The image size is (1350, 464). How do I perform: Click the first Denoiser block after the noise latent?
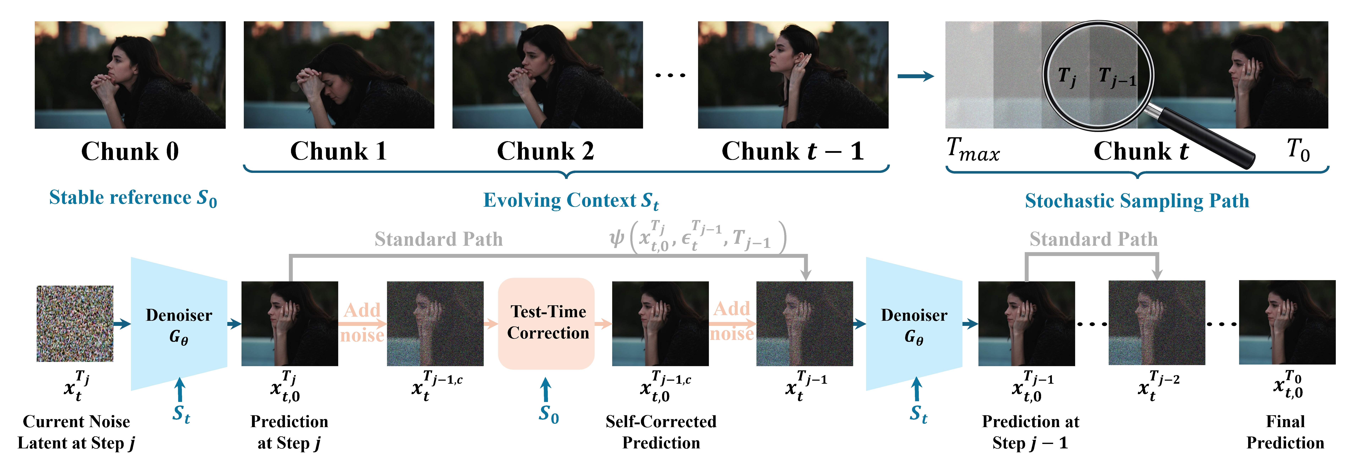click(178, 324)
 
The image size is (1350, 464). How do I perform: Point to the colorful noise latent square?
click(75, 323)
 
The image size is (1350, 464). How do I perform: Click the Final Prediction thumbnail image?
click(1287, 322)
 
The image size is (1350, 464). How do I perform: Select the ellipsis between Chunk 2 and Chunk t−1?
click(670, 75)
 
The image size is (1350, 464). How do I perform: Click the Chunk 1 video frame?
click(339, 75)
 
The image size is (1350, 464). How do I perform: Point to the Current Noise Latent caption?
click(76, 432)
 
